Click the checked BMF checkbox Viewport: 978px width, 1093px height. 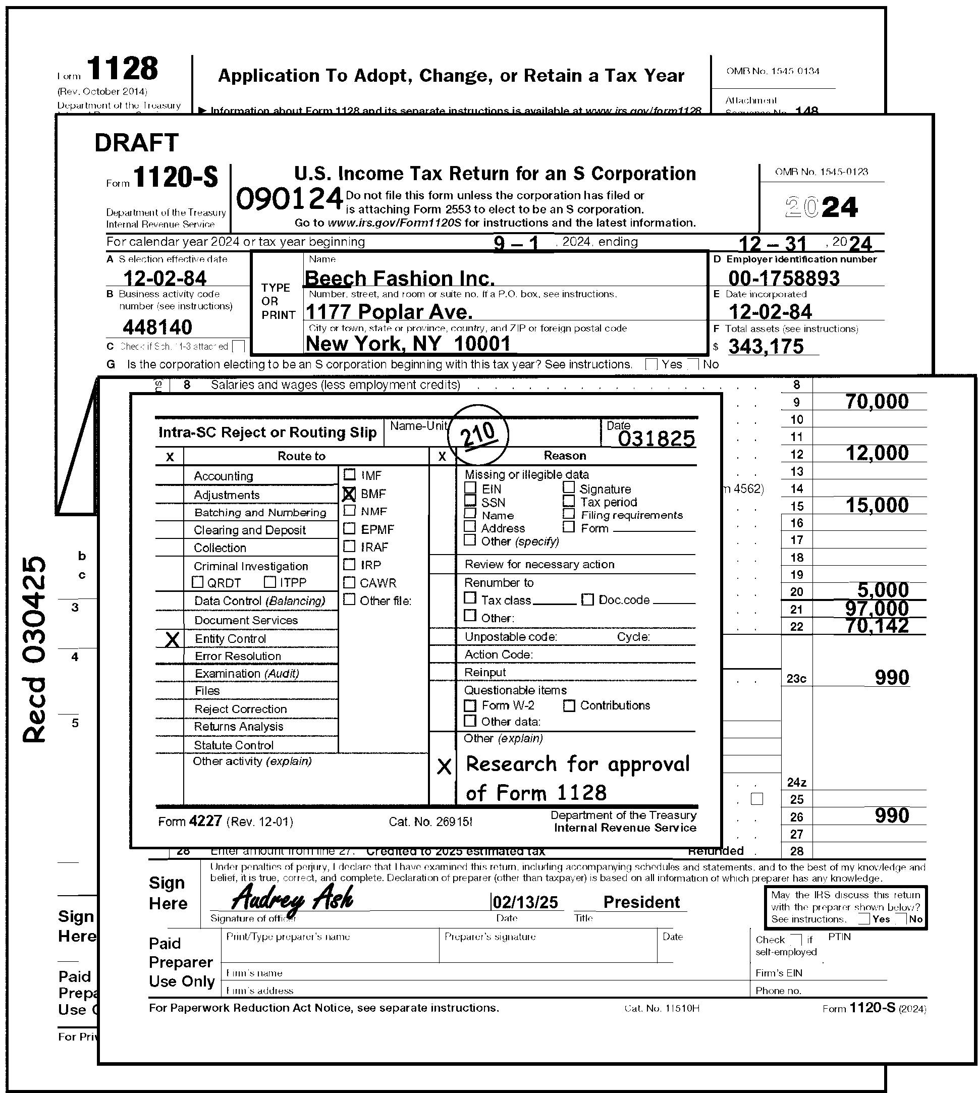click(349, 494)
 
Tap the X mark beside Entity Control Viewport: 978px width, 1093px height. click(172, 639)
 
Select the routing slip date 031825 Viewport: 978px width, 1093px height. click(656, 439)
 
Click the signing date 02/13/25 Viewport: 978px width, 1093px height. click(526, 902)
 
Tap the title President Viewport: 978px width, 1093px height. click(641, 902)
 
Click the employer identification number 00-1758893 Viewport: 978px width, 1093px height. click(784, 278)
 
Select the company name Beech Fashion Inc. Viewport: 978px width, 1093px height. click(399, 278)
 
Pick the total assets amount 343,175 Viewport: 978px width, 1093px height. click(766, 347)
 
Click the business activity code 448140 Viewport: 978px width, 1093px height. click(157, 326)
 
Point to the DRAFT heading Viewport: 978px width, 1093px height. click(136, 143)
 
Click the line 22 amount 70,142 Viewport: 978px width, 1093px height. click(877, 626)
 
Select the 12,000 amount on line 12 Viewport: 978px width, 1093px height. click(877, 454)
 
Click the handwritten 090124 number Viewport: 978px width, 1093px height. click(290, 199)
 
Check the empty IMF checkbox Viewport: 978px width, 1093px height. click(349, 474)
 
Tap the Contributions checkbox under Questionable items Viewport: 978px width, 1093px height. click(569, 705)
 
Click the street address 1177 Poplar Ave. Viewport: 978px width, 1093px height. click(389, 312)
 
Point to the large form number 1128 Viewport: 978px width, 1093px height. click(123, 69)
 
